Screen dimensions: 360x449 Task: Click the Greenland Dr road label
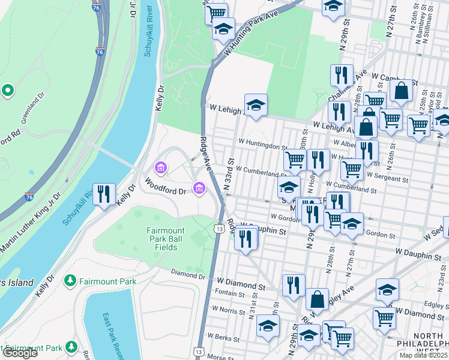[33, 107]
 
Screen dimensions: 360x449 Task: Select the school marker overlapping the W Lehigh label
[256, 105]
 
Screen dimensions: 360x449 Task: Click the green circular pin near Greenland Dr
[8, 90]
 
